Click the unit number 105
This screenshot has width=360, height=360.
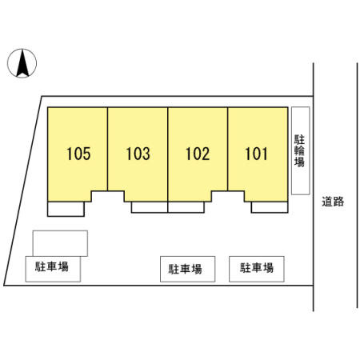coord(78,154)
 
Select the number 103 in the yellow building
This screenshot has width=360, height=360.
coord(138,154)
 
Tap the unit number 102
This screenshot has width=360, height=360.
coord(198,154)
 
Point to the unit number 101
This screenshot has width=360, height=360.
coord(256,154)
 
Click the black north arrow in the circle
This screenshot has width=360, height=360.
coord(22,63)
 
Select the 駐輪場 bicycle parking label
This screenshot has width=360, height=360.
coord(299,150)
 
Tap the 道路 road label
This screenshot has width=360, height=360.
coord(333,202)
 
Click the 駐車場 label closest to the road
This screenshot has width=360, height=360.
coord(257,268)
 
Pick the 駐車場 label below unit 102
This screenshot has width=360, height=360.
coord(185,269)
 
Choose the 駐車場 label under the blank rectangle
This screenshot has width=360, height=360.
coord(52,266)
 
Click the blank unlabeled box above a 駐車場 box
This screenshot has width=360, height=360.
coord(60,243)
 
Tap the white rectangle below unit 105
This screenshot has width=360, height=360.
coord(66,209)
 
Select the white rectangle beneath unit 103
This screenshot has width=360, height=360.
coord(150,207)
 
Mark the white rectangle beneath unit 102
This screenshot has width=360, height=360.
coord(186,207)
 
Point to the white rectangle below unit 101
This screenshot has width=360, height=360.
coord(270,207)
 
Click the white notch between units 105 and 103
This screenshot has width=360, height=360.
coord(108,196)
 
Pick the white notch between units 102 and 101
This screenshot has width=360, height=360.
coord(228,196)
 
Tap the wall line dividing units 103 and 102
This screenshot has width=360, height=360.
coord(168,154)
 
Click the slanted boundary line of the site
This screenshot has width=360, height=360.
coord(23,190)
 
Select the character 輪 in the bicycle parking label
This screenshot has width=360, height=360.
coord(299,150)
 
